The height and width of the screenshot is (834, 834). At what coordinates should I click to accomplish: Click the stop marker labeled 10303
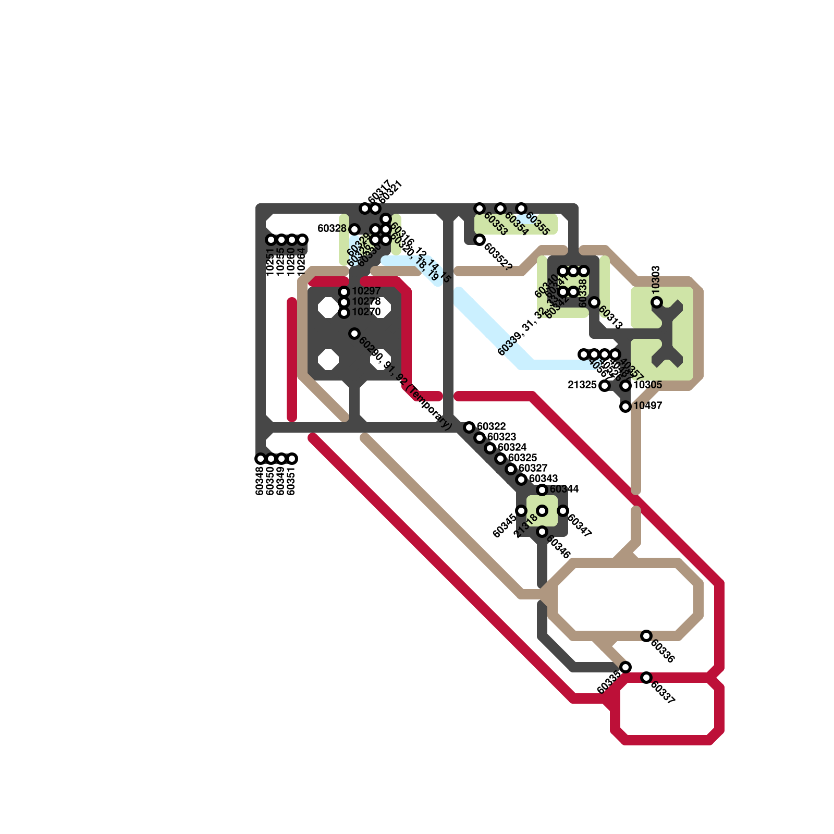point(657,302)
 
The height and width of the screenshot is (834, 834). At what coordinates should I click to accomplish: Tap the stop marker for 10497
point(625,407)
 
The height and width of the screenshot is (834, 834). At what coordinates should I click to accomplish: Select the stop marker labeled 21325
point(605,386)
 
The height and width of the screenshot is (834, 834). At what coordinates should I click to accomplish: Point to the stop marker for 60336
point(646,636)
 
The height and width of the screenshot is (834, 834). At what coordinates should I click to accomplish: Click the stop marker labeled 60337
point(646,678)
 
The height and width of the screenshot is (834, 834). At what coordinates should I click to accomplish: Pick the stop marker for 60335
point(625,667)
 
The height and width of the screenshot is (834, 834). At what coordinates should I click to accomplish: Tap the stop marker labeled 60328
point(354,229)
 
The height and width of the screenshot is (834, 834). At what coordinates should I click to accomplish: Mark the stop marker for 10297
point(344,292)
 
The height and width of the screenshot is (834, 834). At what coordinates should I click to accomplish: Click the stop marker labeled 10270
point(344,313)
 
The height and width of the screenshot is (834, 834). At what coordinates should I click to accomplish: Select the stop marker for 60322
point(469,427)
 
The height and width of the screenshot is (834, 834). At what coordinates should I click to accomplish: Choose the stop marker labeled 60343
point(521,480)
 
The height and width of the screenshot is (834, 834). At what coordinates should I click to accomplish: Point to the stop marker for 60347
point(563,511)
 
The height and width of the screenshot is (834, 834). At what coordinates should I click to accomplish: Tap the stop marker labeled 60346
point(542,532)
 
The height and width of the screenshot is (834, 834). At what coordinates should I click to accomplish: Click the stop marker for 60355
point(521,208)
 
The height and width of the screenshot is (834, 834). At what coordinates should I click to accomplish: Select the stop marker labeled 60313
point(594,302)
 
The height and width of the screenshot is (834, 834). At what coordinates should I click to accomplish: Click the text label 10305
point(648,385)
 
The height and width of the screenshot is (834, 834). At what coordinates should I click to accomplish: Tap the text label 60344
point(565,489)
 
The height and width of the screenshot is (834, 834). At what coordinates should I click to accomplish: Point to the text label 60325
point(523,458)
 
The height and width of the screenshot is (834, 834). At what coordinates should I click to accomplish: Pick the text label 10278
point(366,302)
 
